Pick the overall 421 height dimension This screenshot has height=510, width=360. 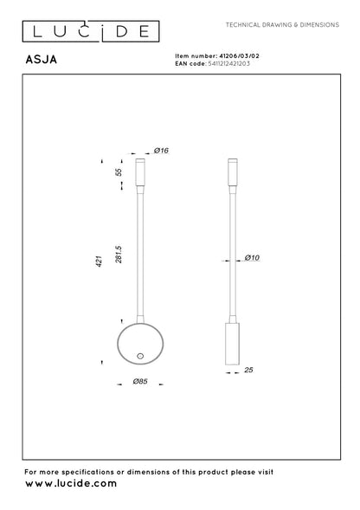click(x=100, y=260)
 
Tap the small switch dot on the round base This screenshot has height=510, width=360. click(x=140, y=356)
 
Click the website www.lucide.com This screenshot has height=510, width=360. click(x=70, y=485)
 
